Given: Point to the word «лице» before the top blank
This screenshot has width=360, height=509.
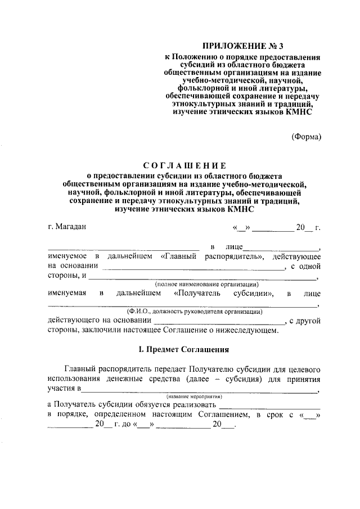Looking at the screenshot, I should tap(233, 247).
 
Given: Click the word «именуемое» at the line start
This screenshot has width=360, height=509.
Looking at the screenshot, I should tap(67, 256).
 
